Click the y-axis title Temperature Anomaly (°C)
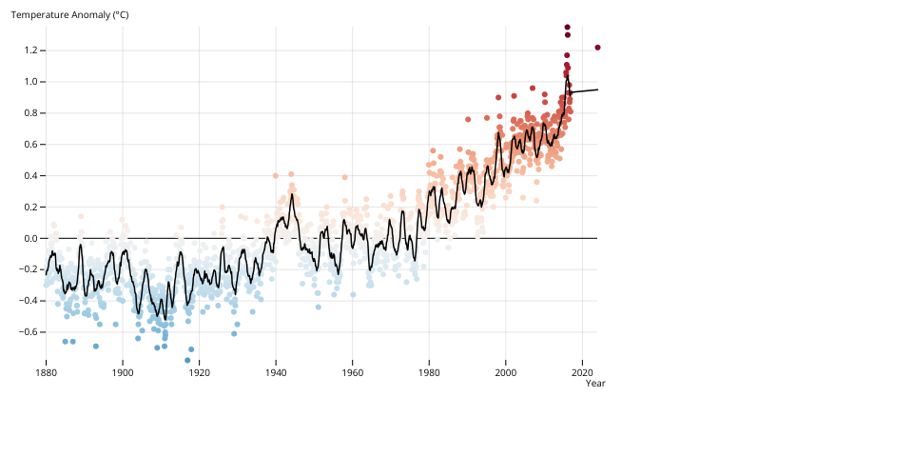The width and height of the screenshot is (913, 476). coord(69,15)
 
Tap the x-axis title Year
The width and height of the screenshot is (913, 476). coord(595,383)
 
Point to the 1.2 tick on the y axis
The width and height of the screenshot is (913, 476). coord(29,50)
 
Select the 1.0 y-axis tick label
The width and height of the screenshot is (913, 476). coord(29,82)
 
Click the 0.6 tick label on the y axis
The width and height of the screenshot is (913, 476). coord(29,145)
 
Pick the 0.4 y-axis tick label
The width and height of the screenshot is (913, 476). coord(29,176)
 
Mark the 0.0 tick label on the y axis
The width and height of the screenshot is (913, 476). coord(29,238)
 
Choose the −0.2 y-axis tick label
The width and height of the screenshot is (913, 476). coord(27,269)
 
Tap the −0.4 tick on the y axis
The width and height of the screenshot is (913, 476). coord(27,301)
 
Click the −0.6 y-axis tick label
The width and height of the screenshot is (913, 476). coord(27,332)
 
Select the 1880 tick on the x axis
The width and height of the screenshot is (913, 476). coord(46,372)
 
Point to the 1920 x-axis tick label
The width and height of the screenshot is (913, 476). coord(199,372)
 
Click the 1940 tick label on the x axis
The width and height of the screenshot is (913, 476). coord(276,372)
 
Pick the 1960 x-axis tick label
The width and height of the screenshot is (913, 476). coord(352,372)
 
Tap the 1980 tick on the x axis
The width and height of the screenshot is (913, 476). coord(429,372)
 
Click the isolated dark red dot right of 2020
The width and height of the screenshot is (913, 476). coord(597,48)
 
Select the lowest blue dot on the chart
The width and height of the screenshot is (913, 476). coord(187,360)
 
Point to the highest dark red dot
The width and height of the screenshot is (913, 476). coord(567,27)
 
